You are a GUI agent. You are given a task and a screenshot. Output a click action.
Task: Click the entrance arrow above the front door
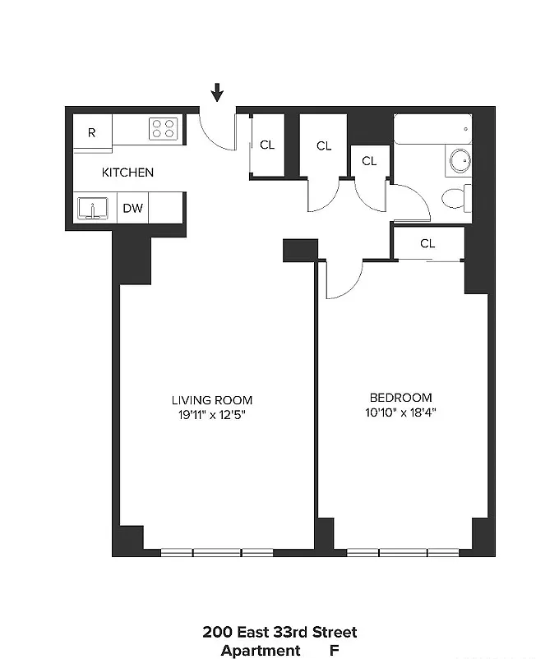217,92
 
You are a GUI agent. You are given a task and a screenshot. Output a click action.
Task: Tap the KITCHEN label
127,173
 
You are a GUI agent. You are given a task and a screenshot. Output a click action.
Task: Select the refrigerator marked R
93,131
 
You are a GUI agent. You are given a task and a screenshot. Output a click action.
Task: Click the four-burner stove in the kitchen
164,129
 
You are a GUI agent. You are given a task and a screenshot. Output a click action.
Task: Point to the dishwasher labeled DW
133,208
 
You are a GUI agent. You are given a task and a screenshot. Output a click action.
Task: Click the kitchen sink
93,209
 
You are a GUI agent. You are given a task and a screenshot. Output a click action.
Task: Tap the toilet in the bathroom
456,198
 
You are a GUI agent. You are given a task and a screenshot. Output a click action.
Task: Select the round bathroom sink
460,160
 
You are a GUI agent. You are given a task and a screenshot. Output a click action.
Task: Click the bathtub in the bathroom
433,129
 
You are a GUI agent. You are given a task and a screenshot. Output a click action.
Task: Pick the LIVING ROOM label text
212,400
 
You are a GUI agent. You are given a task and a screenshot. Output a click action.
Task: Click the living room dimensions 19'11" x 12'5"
211,415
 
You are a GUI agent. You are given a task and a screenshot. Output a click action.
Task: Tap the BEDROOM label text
401,398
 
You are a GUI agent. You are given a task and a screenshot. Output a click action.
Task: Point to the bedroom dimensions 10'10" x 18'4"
400,412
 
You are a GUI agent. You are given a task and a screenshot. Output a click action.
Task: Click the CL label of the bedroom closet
427,243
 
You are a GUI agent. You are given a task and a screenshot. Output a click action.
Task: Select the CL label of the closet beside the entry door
267,145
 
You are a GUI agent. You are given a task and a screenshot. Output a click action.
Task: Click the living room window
217,552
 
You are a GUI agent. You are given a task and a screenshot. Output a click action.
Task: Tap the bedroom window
403,552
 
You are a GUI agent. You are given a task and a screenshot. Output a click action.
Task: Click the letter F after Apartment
334,650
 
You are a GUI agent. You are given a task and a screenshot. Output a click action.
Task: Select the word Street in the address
335,632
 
